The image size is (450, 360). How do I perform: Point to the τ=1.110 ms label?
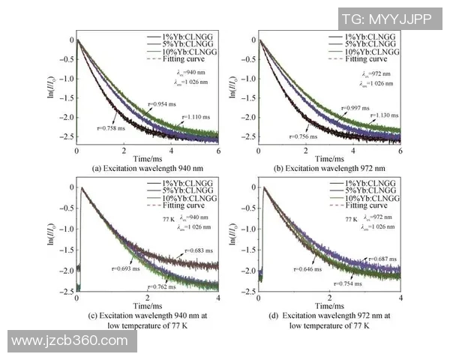(198, 116)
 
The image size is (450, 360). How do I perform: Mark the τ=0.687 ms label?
(382, 257)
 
